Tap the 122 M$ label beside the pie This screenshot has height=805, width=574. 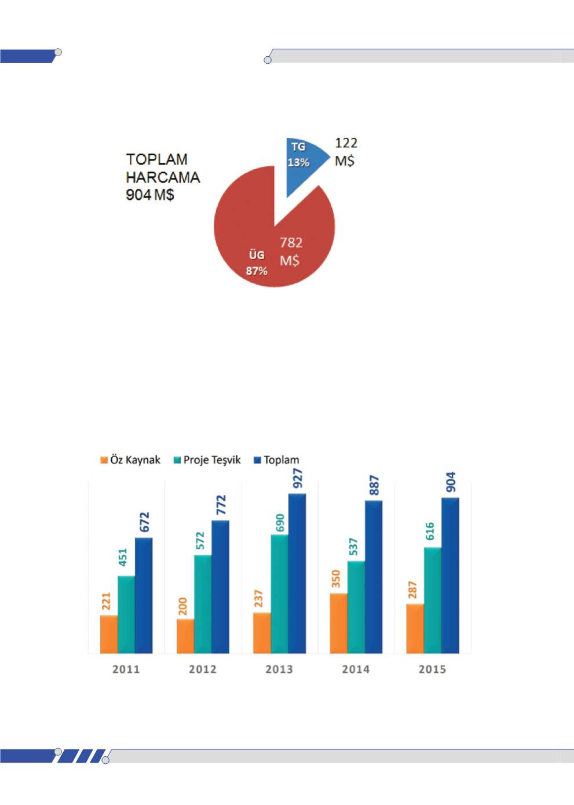click(346, 151)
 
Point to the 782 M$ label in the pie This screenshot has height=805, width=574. click(291, 251)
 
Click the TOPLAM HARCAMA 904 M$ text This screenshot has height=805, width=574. click(162, 177)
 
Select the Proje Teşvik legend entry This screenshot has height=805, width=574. click(207, 460)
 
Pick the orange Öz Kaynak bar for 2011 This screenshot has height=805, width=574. click(109, 634)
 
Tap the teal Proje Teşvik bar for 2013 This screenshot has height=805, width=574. click(279, 593)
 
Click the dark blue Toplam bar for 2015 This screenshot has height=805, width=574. click(450, 575)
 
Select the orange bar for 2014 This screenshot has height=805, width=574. click(338, 623)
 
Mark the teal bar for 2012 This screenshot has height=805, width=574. click(203, 604)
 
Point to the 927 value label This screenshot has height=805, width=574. click(298, 479)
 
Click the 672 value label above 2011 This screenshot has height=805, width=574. click(144, 522)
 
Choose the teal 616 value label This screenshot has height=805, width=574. click(430, 531)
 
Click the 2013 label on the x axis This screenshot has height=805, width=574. click(279, 669)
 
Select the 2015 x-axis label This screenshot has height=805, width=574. click(432, 669)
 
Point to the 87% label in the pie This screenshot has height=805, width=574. click(257, 271)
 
